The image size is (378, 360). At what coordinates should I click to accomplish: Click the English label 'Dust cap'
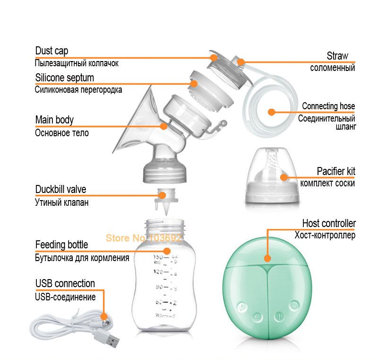point(52,51)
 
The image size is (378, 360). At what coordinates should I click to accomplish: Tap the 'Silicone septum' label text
point(65,78)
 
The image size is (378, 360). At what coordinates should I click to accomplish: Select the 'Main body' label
point(54,120)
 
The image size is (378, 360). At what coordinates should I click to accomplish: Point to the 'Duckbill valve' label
point(60,189)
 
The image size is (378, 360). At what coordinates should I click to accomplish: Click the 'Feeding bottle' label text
point(61,245)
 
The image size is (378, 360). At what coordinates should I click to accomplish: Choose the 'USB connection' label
point(65,283)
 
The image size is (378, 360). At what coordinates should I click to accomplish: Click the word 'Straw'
point(337,56)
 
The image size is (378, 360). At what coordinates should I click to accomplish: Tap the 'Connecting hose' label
point(328,106)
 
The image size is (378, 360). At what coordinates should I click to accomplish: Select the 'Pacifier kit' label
point(336,171)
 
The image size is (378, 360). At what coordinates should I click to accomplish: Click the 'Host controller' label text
point(329,223)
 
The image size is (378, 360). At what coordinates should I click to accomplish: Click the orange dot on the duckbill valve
point(162,195)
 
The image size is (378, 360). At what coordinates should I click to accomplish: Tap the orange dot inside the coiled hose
point(272,112)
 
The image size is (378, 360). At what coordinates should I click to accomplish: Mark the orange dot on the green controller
point(267,258)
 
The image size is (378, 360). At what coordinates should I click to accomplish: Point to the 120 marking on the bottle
point(158,272)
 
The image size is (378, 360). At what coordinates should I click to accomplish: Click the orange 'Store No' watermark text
point(144,238)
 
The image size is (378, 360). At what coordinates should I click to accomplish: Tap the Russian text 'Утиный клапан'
point(62,202)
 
